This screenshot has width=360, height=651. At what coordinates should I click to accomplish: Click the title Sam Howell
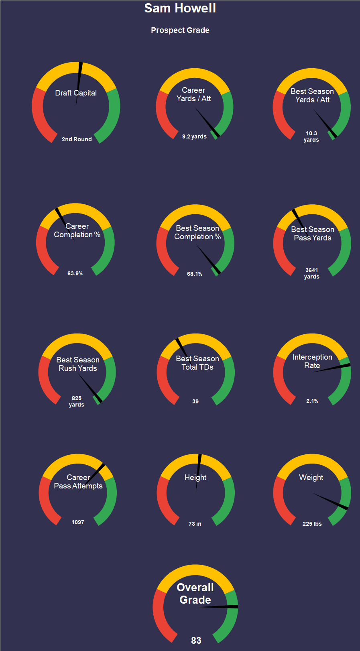(x=180, y=8)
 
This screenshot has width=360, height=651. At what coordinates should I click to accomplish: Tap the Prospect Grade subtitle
(x=180, y=30)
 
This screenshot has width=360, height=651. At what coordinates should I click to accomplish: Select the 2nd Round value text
(x=77, y=139)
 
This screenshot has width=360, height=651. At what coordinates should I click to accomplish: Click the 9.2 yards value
(x=194, y=136)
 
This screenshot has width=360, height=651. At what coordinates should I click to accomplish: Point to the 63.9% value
(x=75, y=273)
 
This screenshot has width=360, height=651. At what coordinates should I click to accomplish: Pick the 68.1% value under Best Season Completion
(x=195, y=274)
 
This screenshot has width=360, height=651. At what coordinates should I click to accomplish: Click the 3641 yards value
(x=311, y=273)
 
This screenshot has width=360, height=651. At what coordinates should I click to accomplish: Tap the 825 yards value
(x=76, y=401)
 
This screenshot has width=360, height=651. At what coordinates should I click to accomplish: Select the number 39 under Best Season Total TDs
(x=195, y=401)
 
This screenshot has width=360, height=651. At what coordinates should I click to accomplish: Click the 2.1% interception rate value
(x=312, y=401)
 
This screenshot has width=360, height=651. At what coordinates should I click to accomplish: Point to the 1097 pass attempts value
(x=78, y=522)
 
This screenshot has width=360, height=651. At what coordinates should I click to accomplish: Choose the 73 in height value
(x=195, y=524)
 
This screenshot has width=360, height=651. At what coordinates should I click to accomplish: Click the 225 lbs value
(x=312, y=524)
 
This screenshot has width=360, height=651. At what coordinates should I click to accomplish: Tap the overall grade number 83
(x=196, y=641)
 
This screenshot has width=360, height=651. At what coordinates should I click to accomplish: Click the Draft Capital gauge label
(x=76, y=93)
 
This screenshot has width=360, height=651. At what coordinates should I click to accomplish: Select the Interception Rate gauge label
(x=312, y=361)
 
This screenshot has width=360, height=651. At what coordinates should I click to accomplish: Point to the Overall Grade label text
(x=195, y=594)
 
